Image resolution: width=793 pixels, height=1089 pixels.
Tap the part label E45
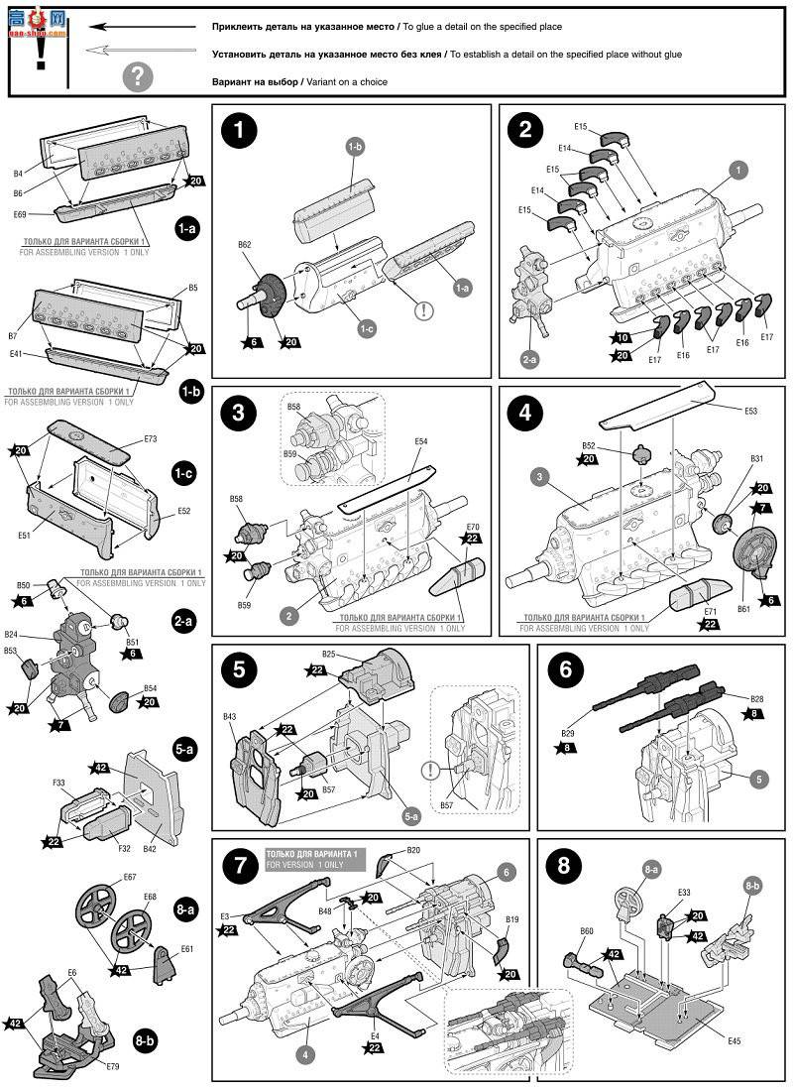click(x=734, y=1040)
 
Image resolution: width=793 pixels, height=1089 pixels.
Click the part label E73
click(x=151, y=437)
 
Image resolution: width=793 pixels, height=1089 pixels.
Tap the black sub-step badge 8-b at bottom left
click(x=146, y=1040)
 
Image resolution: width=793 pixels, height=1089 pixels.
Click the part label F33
click(x=59, y=783)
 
